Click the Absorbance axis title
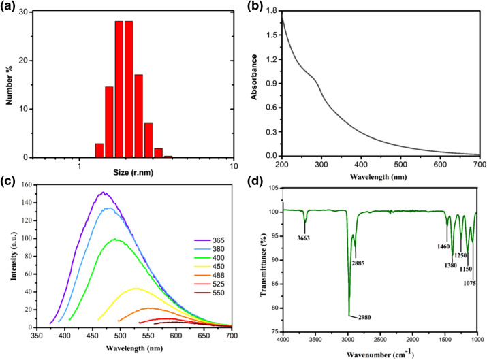click(x=253, y=84)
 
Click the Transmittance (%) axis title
click(x=262, y=259)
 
